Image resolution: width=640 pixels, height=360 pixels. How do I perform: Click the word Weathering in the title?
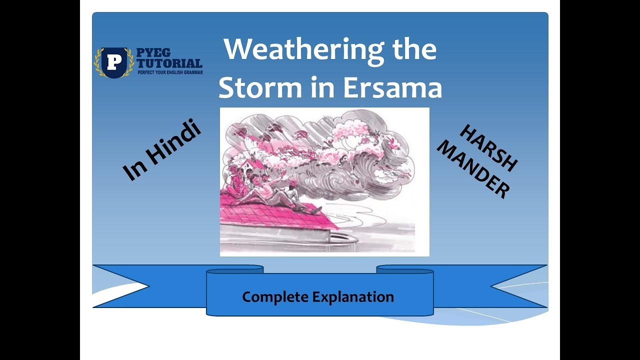pyautogui.click(x=298, y=50)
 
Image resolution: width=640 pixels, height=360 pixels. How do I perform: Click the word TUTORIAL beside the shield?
pyautogui.click(x=169, y=63)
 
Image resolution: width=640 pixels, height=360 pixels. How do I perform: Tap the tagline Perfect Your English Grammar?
pyautogui.click(x=169, y=72)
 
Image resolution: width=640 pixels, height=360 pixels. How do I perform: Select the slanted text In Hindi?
pyautogui.click(x=161, y=150)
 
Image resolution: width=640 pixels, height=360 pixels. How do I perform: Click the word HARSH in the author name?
pyautogui.click(x=488, y=148)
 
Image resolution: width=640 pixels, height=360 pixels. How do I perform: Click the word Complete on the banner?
pyautogui.click(x=275, y=297)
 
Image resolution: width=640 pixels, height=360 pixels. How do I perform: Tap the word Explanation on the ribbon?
pyautogui.click(x=353, y=297)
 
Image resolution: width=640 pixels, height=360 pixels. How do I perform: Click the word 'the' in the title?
pyautogui.click(x=411, y=50)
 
